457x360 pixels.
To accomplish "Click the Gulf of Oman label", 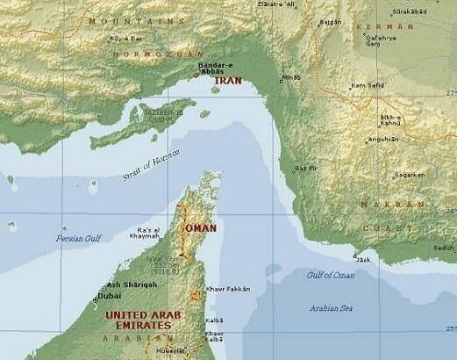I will pyautogui.click(x=331, y=276).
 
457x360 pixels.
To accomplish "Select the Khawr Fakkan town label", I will pyautogui.click(x=232, y=288).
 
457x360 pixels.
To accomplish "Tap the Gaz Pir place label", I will pyautogui.click(x=306, y=168).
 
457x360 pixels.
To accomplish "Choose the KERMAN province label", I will pyautogui.click(x=378, y=27).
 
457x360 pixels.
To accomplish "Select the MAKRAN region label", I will pyautogui.click(x=379, y=205).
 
